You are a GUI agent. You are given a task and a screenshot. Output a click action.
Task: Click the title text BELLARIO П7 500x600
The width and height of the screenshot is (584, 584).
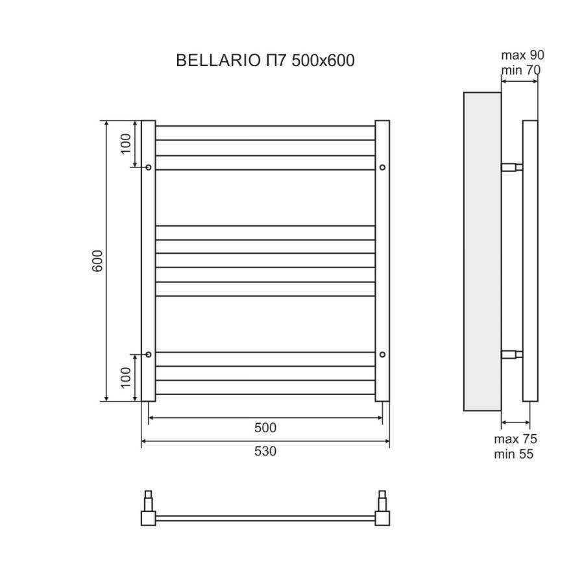(x=265, y=60)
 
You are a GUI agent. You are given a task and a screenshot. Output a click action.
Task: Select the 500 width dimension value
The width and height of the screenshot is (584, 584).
(x=265, y=428)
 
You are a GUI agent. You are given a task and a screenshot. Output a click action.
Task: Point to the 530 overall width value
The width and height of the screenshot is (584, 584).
(x=265, y=451)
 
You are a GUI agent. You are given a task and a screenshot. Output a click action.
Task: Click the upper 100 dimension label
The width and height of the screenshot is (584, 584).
(x=126, y=141)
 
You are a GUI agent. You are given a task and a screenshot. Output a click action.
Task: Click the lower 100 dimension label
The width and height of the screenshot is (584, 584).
(x=126, y=377)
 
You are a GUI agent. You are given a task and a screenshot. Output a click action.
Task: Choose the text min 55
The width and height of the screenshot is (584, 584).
(x=514, y=454)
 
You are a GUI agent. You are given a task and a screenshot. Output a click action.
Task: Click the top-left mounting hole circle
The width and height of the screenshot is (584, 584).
(x=149, y=167)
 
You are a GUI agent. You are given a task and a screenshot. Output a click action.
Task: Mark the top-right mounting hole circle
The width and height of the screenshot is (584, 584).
(x=382, y=167)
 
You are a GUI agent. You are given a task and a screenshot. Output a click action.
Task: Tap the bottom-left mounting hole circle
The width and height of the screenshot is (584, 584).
(x=149, y=354)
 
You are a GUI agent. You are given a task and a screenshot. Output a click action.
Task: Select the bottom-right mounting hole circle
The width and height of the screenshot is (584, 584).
(x=382, y=354)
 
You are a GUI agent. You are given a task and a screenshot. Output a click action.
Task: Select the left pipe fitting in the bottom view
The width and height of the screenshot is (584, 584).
(x=147, y=510)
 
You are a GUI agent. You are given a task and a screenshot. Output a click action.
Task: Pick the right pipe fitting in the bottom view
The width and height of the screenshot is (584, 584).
(x=383, y=510)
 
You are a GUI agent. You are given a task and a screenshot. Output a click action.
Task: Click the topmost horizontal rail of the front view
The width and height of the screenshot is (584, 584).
(x=265, y=127)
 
